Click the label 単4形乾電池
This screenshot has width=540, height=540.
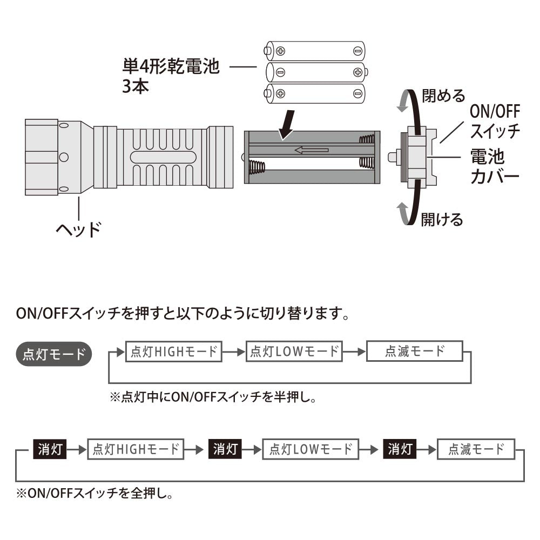[171, 68]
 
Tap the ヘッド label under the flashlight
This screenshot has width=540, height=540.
[79, 230]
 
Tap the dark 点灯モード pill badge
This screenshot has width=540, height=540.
[54, 354]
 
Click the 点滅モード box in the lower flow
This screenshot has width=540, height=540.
[476, 449]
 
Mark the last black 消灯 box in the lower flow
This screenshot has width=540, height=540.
[400, 449]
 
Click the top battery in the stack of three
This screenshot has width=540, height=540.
[316, 51]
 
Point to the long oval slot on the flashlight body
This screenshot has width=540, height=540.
[163, 157]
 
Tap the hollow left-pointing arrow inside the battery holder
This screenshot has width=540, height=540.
[312, 150]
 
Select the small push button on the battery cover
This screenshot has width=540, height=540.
[393, 157]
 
